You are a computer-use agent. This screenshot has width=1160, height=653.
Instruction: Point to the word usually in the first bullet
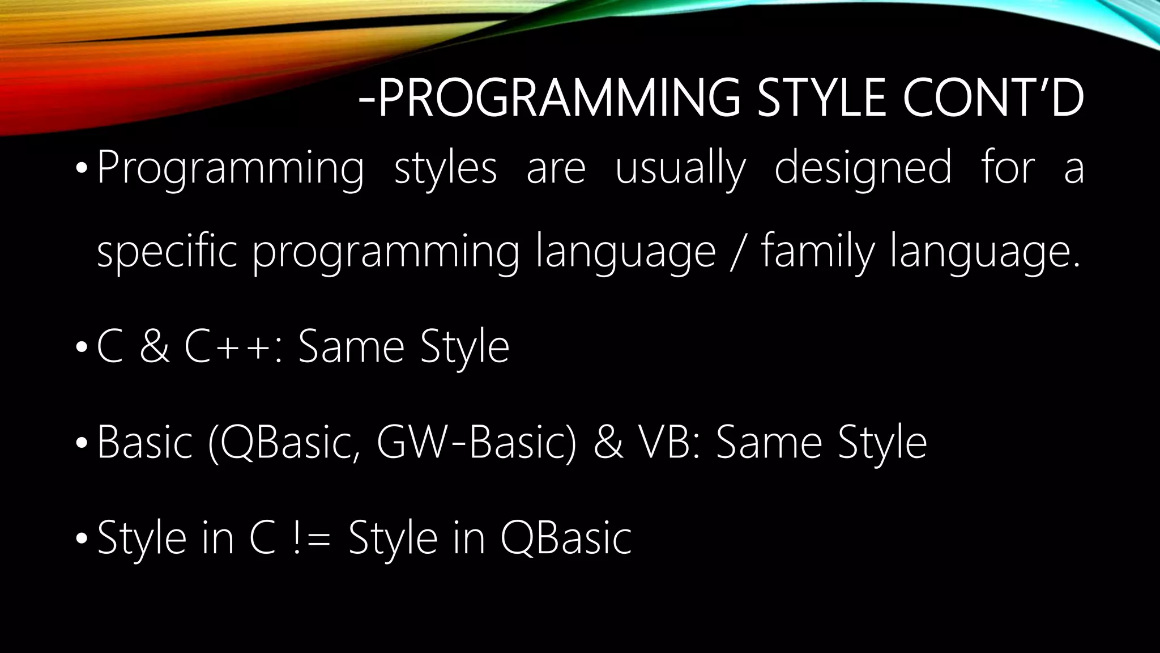click(681, 169)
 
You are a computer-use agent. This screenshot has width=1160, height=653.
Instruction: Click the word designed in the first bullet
click(863, 169)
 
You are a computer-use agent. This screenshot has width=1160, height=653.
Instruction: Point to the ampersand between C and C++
click(154, 347)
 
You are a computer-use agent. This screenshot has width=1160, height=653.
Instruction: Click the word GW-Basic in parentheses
click(476, 443)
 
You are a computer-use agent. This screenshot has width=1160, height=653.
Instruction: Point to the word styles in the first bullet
click(445, 169)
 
